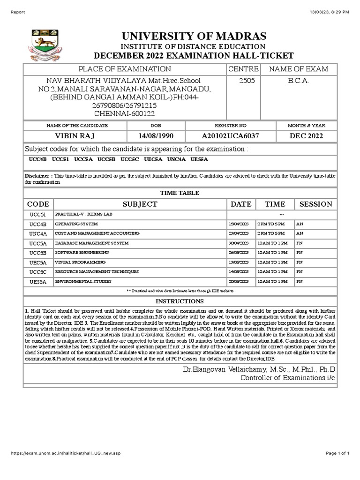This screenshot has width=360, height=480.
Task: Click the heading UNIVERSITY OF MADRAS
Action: click(x=194, y=36)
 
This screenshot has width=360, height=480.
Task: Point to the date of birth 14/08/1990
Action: click(x=156, y=136)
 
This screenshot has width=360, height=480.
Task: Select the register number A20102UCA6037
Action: click(x=230, y=136)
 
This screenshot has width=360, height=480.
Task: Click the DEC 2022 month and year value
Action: click(x=306, y=136)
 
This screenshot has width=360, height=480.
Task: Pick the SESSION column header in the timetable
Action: click(x=315, y=204)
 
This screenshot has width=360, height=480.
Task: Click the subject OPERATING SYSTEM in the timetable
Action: click(x=76, y=224)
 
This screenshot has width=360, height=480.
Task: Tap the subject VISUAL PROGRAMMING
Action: click(x=81, y=262)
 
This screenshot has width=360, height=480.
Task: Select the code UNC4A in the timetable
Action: click(x=38, y=233)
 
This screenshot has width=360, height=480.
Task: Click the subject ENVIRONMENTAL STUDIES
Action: click(x=83, y=281)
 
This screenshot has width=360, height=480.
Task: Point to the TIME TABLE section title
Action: click(x=180, y=193)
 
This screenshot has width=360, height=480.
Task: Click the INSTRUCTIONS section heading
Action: click(x=180, y=301)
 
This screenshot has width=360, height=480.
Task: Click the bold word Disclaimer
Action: click(x=38, y=175)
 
